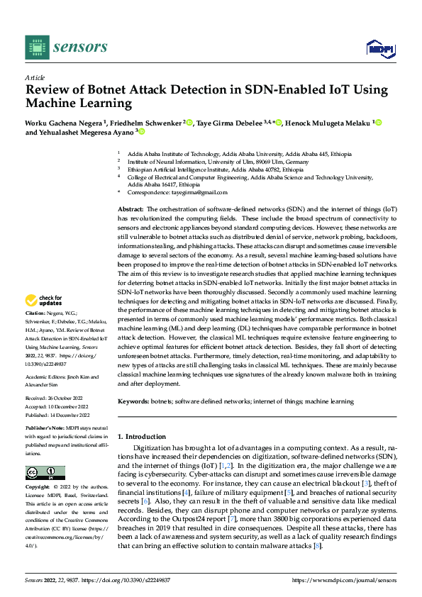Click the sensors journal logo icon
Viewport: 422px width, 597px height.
37,47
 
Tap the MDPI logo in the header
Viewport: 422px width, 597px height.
379,48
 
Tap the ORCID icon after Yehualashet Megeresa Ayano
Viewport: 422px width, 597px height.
141,132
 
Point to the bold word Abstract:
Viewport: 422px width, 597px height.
130,210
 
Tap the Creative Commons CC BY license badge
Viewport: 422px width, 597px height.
45,473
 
